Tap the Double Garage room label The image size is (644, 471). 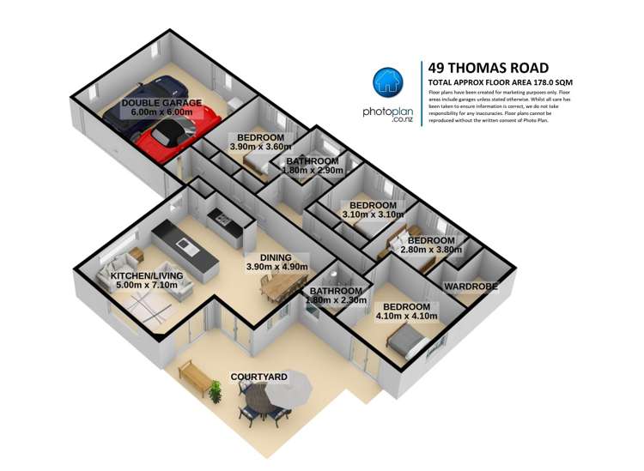(161, 103)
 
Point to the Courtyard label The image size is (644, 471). (258, 377)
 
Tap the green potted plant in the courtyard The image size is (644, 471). (215, 391)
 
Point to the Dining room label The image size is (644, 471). (270, 257)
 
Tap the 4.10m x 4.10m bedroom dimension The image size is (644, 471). (406, 317)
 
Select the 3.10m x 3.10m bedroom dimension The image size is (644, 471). (372, 215)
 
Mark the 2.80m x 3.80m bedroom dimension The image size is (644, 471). (432, 251)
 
